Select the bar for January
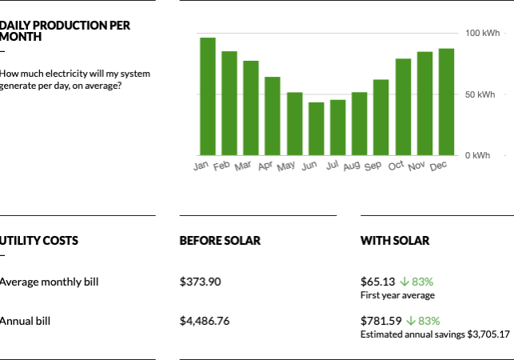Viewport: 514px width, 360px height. pos(208,96)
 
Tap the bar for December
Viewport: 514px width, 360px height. pos(446,102)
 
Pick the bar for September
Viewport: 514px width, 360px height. pos(381,117)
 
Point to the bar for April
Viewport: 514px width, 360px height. pos(273,116)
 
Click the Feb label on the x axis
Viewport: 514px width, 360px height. pos(221,166)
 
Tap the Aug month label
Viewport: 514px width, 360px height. pos(352,166)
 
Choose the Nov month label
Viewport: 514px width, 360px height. pos(416,166)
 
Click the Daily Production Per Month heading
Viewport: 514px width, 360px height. pos(65,31)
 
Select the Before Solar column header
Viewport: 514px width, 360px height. pos(220,240)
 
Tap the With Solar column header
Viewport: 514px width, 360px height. pos(395,240)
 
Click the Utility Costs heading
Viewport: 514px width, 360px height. pos(39,240)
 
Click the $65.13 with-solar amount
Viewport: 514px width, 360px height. pos(377,282)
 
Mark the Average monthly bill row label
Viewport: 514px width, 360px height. pos(50,282)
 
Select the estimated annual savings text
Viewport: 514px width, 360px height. pos(435,334)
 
